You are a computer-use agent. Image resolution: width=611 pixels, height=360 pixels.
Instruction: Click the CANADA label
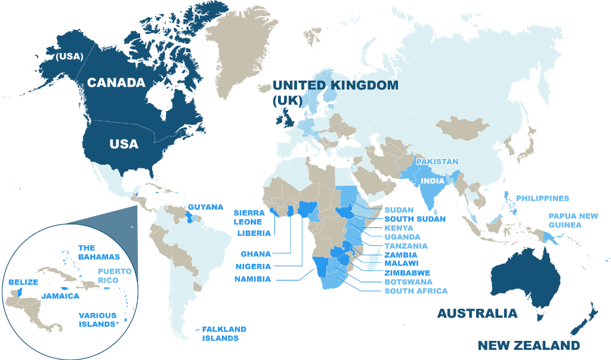116,82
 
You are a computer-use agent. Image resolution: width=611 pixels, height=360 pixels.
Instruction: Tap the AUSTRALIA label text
477,313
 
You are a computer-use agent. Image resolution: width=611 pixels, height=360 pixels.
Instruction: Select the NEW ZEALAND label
529,346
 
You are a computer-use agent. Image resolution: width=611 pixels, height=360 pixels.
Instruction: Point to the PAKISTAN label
437,162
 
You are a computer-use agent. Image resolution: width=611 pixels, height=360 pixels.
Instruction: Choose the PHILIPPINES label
542,198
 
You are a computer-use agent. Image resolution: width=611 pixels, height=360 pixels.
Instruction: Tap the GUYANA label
206,207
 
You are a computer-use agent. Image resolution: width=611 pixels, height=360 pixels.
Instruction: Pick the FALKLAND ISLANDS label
224,333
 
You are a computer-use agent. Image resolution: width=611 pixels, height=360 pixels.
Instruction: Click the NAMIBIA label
253,279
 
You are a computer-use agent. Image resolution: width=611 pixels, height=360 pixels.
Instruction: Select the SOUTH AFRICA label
416,291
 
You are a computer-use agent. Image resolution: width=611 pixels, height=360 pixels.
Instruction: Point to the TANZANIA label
406,245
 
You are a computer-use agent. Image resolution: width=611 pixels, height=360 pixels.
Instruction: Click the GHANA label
256,254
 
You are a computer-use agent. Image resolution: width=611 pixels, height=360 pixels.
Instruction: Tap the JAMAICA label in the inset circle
60,296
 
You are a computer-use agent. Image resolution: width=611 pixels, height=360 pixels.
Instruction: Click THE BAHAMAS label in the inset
99,252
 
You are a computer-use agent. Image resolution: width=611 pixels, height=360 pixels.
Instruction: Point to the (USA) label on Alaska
69,57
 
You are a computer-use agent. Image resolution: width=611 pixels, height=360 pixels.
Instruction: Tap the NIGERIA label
253,266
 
